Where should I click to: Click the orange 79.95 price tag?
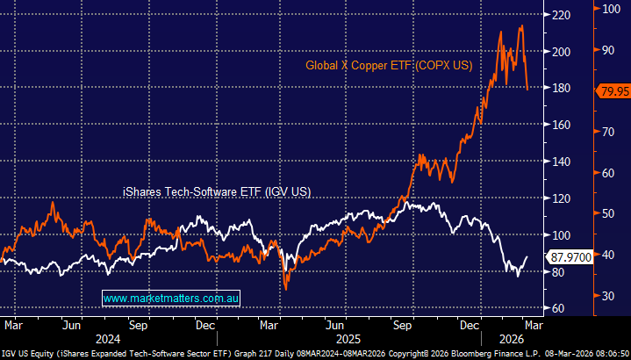611,90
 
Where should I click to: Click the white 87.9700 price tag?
570,257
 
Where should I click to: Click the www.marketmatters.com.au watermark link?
171,299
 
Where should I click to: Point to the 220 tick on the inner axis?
555,15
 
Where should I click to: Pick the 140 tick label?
555,162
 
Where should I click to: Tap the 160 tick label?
555,125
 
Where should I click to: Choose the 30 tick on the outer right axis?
605,295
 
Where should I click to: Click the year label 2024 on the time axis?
107,338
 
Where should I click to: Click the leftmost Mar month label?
13,323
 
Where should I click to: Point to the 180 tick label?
555,88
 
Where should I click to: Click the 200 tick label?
555,52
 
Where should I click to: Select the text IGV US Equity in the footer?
28,353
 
